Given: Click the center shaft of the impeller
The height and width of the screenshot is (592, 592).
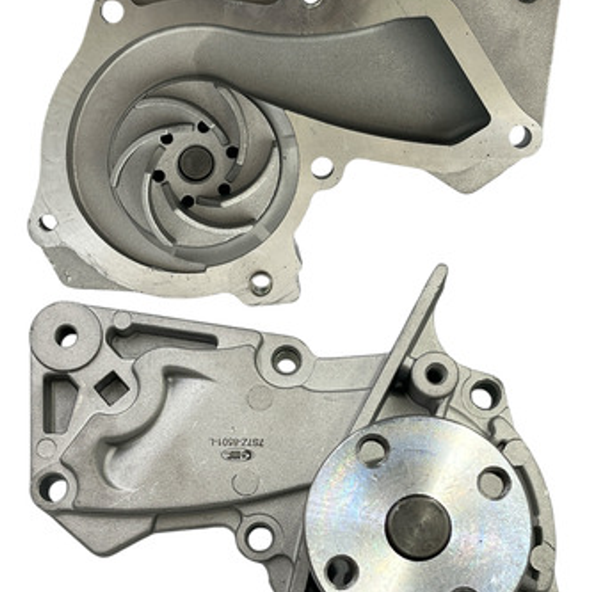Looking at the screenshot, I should (195, 163).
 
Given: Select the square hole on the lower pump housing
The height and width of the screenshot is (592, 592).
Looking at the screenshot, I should (112, 388).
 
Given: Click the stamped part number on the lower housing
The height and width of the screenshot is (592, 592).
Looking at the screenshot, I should (236, 441).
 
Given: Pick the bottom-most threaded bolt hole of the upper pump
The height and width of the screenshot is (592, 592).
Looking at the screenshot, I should (261, 283).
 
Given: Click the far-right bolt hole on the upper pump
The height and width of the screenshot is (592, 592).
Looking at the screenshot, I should (520, 136).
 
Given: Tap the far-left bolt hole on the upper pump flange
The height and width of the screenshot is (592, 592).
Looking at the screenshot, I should (48, 222).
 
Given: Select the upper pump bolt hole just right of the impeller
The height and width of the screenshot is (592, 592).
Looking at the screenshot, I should (322, 167).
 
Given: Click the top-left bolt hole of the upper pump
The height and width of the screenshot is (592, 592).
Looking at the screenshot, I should (112, 11).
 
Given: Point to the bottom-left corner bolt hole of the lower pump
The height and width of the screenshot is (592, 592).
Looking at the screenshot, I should (53, 487).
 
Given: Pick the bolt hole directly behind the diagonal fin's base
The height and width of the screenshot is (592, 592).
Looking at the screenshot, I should (436, 375).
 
